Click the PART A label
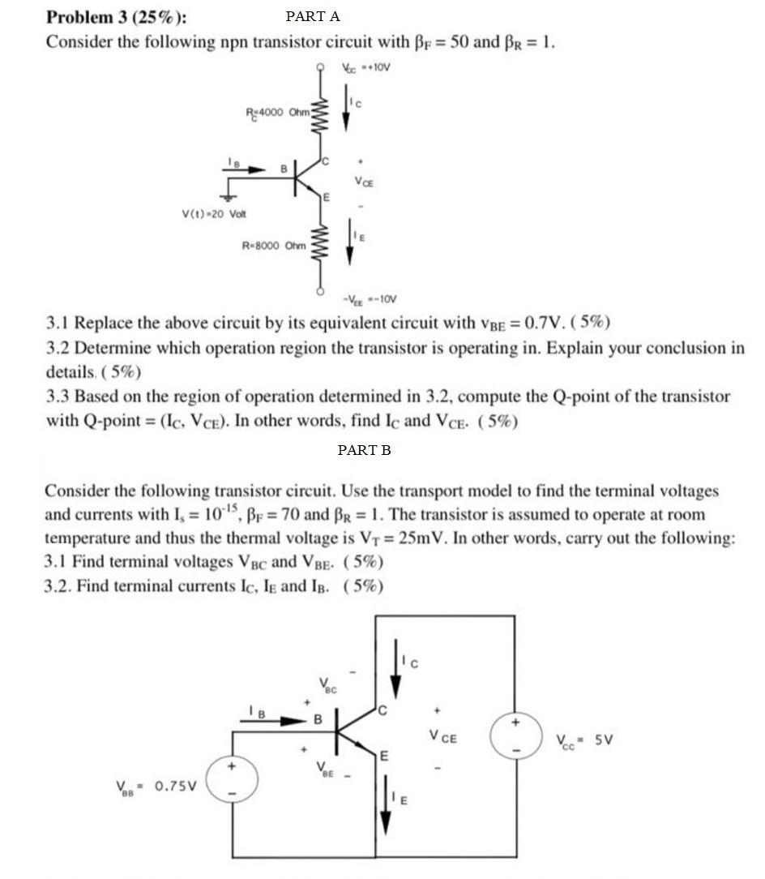tap(313, 16)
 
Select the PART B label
tap(364, 450)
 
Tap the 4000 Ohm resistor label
tap(277, 112)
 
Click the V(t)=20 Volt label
tap(214, 214)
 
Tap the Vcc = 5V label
tap(584, 740)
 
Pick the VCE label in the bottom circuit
tap(443, 738)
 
